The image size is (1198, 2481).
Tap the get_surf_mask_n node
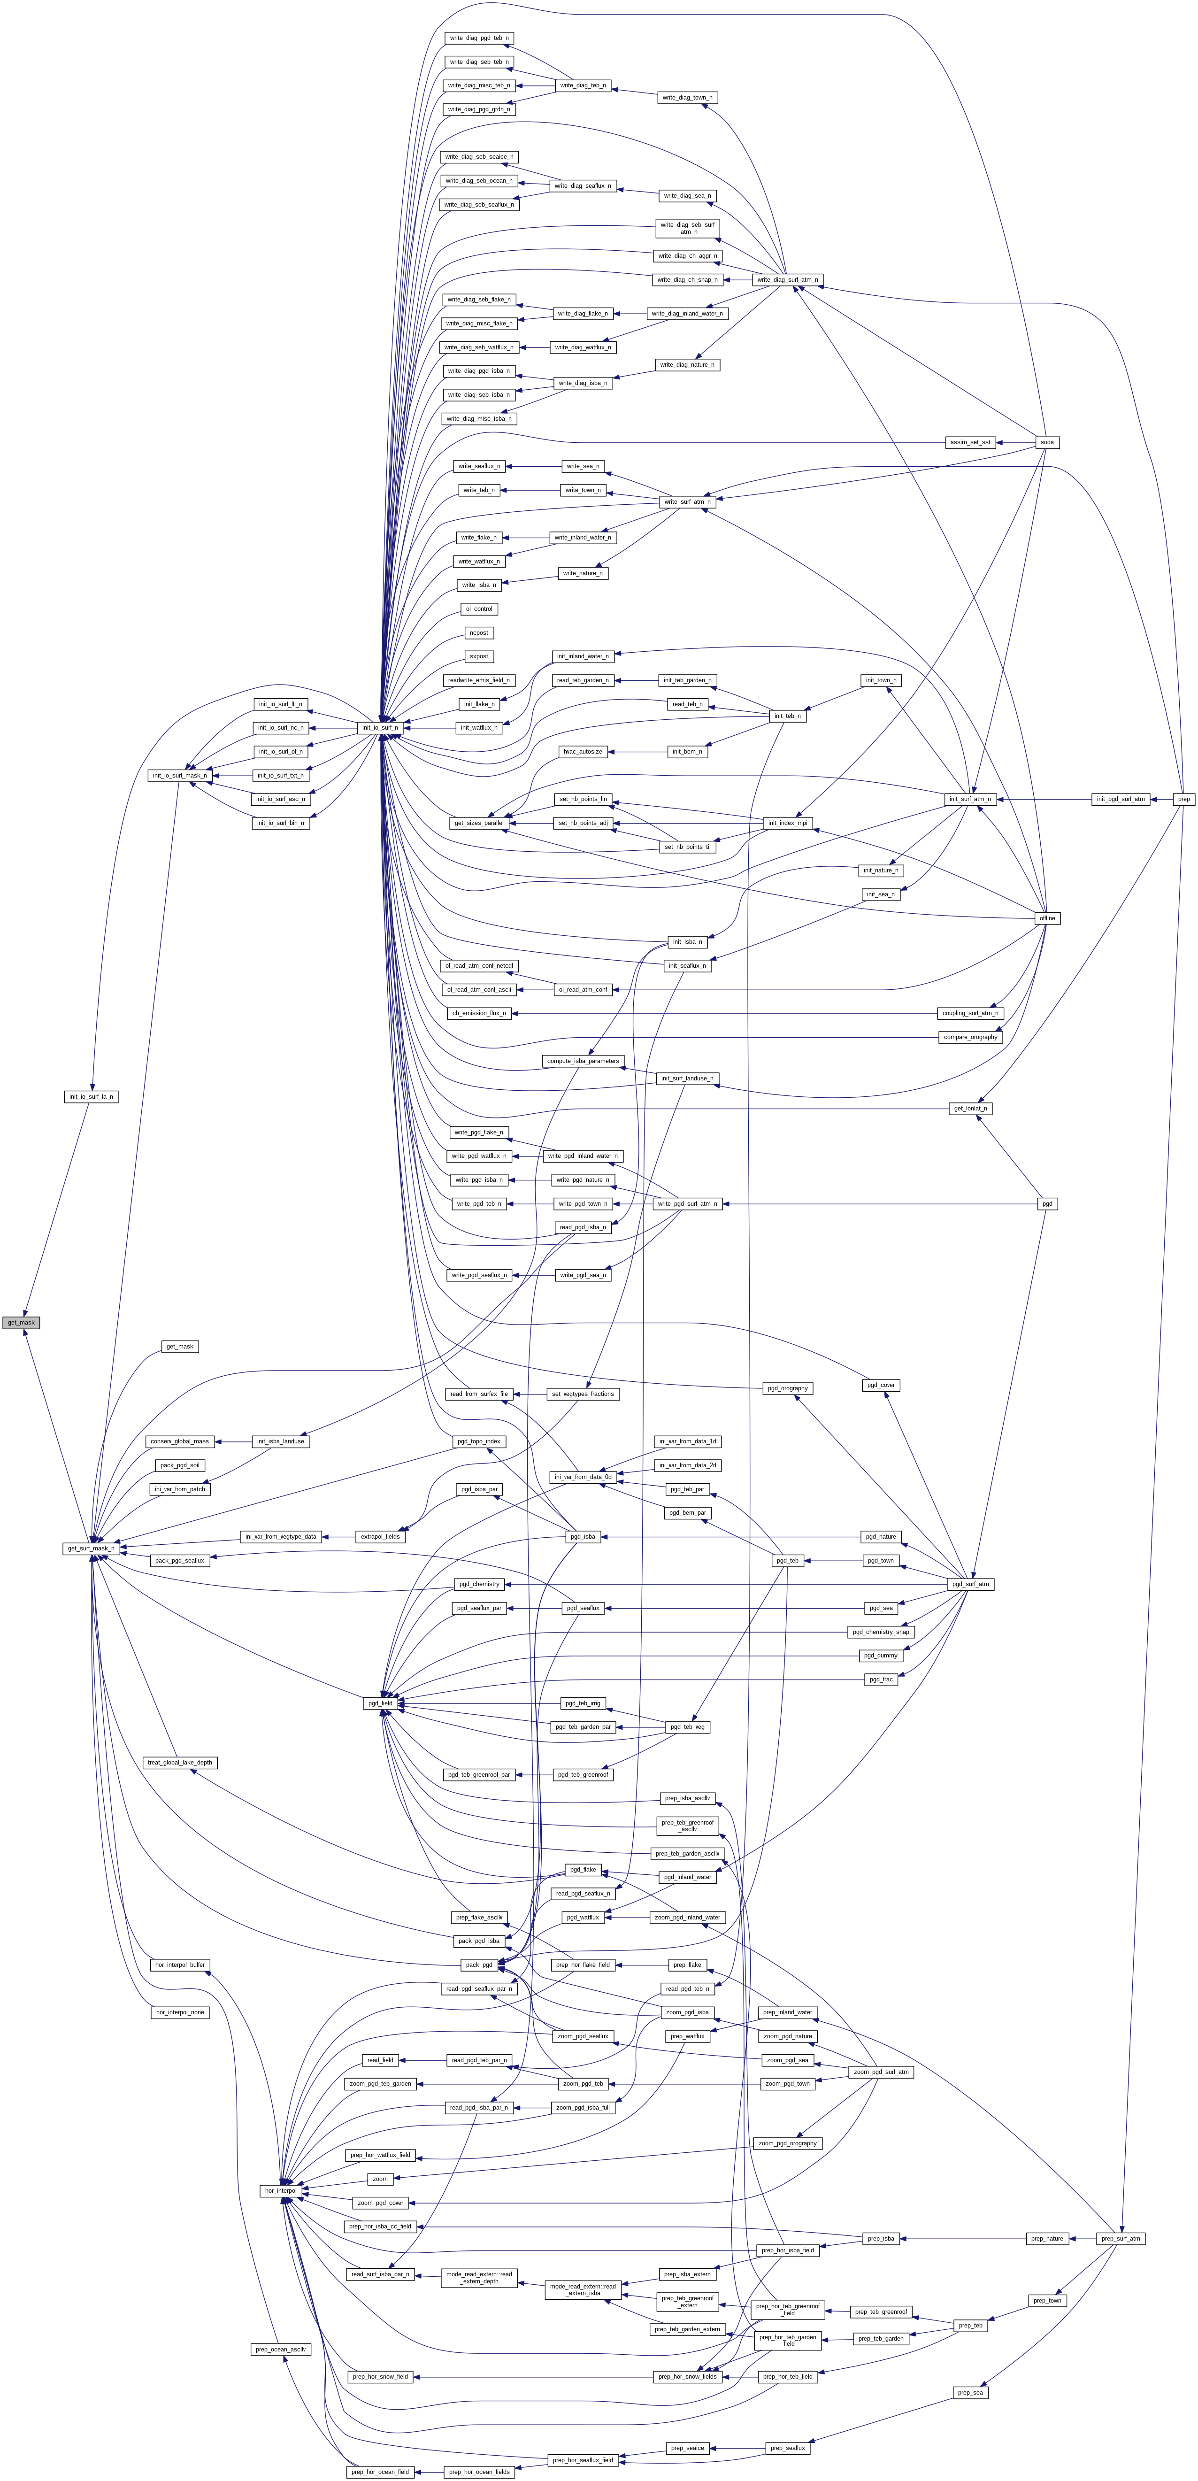coord(91,1549)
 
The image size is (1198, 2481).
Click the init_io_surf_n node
coord(379,728)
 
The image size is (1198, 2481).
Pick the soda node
coord(1047,442)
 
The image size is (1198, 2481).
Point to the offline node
coord(1047,919)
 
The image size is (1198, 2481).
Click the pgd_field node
coord(379,1704)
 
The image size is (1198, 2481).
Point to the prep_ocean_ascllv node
coord(280,2350)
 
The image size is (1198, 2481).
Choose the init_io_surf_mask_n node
coord(180,775)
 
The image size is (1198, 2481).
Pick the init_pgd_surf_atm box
coord(1121,800)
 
